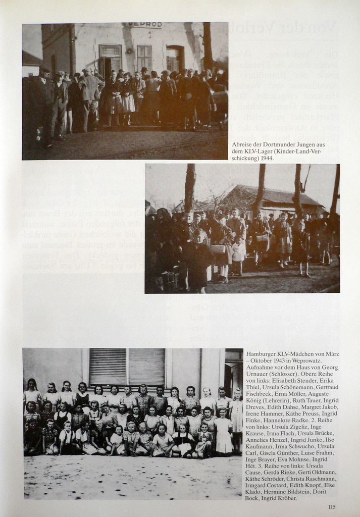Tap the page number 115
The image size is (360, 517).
[x=332, y=507]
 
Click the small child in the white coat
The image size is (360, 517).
[x=239, y=253]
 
